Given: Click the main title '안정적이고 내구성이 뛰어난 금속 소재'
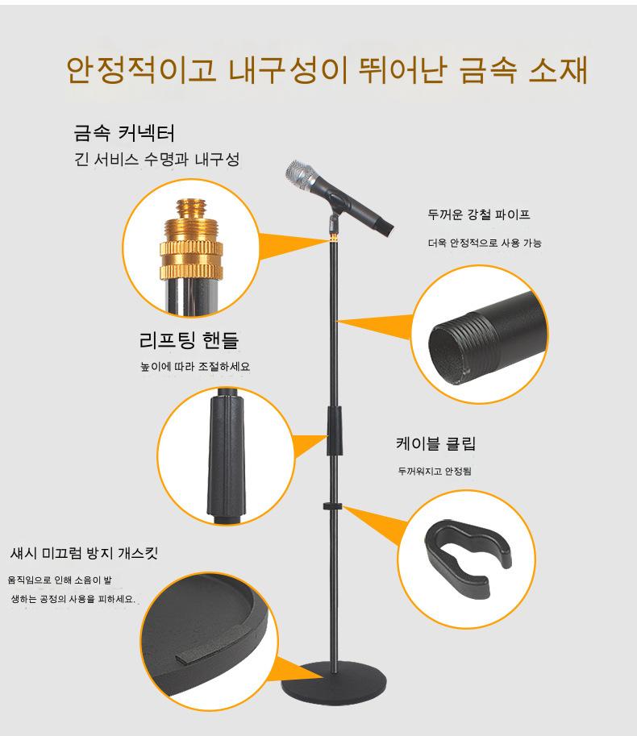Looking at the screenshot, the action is (x=327, y=70).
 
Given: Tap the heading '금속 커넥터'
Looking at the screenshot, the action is (x=124, y=133).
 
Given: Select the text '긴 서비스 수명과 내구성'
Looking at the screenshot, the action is (x=156, y=160).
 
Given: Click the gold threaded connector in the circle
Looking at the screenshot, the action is (x=191, y=239).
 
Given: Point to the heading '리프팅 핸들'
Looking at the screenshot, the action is (x=189, y=340).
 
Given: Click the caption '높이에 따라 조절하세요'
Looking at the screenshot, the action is (x=195, y=366).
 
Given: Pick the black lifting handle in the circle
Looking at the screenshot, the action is (x=227, y=455).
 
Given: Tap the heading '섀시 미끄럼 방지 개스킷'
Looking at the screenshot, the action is (x=84, y=553).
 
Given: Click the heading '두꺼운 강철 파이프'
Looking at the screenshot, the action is (x=479, y=215).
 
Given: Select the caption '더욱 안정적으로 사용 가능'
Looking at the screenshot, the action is (x=485, y=243).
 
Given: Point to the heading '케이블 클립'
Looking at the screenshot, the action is (x=435, y=443).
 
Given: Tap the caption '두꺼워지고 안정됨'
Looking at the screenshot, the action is (x=435, y=471).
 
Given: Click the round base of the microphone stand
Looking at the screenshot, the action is (x=334, y=680).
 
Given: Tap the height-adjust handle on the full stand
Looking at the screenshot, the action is (x=335, y=431).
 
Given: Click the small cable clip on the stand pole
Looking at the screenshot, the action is (x=332, y=506).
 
